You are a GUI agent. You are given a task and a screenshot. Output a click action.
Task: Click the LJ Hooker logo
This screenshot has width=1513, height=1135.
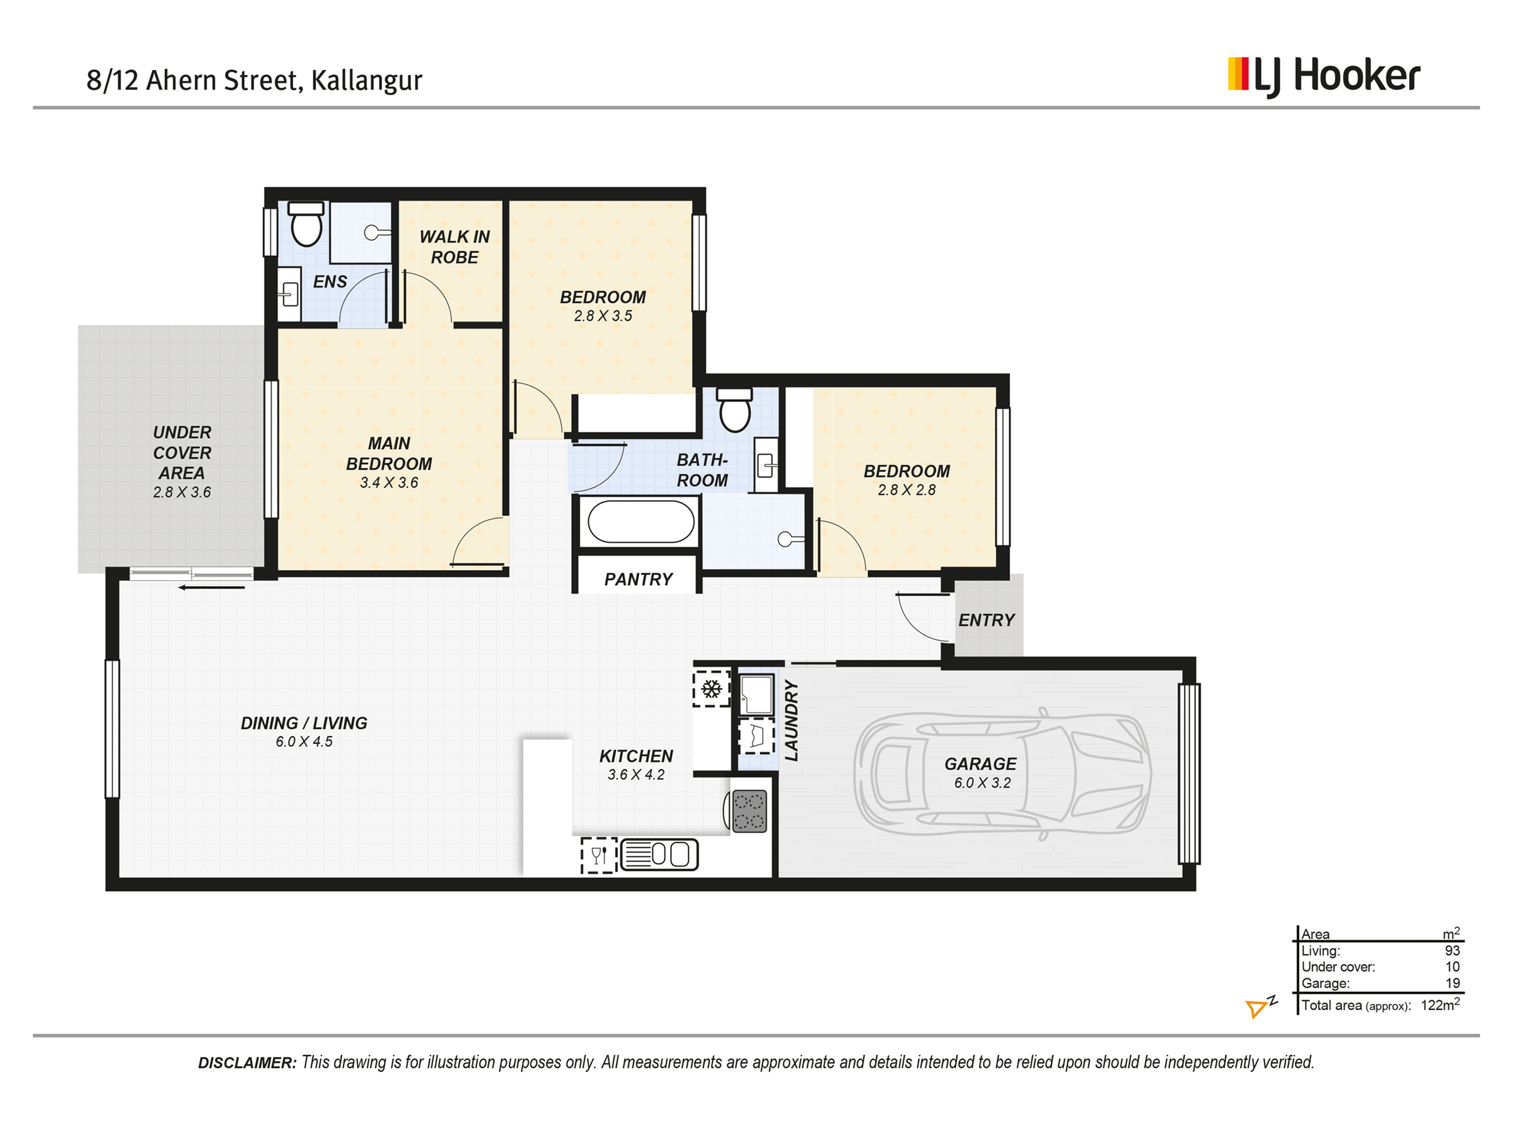click(1323, 77)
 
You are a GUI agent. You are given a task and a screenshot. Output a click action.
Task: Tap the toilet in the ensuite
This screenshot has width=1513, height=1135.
click(306, 224)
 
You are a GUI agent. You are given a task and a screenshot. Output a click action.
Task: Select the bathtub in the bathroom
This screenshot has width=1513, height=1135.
click(641, 522)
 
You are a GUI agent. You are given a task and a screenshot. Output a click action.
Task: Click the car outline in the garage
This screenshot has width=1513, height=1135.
click(1002, 774)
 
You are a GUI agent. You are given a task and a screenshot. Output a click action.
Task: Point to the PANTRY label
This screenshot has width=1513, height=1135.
click(638, 579)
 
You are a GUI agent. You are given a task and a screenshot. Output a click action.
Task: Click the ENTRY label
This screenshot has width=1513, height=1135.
click(987, 620)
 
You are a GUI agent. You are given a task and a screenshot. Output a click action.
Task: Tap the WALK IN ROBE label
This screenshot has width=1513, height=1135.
click(454, 247)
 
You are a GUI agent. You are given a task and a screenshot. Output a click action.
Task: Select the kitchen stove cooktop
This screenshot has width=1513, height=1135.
click(748, 812)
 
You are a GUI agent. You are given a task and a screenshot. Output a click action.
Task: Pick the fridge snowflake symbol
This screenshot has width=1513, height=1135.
click(711, 689)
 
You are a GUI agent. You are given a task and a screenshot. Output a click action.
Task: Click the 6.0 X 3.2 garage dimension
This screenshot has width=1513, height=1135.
click(982, 783)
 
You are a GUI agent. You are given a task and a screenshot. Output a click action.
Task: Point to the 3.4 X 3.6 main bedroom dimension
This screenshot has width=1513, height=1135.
click(388, 482)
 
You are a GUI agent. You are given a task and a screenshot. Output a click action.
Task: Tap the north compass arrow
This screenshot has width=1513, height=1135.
click(1256, 1009)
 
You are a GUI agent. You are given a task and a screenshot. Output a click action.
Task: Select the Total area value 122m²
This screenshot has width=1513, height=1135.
click(1440, 1004)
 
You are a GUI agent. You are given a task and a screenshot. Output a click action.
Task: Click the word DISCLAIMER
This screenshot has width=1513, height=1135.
click(247, 1062)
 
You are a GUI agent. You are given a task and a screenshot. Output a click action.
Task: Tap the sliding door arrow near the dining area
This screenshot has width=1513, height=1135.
click(211, 587)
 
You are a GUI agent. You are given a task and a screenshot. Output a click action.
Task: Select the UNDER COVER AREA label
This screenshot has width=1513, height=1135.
click(182, 452)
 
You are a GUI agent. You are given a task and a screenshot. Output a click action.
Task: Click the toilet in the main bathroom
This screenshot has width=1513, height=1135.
click(734, 410)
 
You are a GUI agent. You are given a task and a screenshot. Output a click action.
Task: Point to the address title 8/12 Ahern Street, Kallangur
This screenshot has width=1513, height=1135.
click(255, 80)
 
